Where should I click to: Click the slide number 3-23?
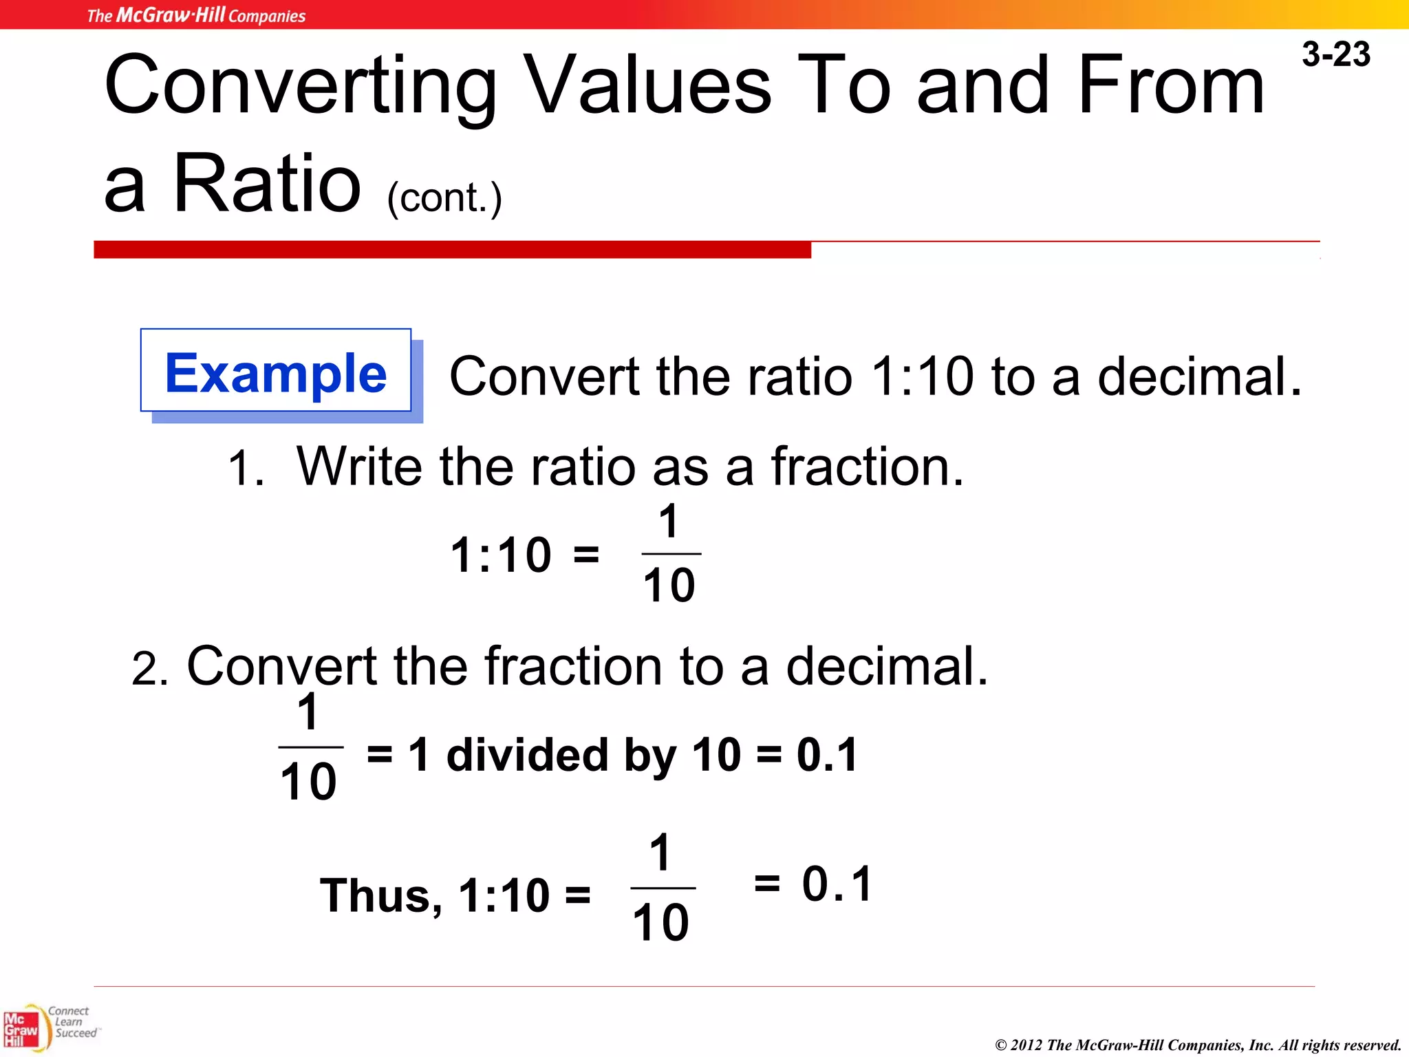1335,54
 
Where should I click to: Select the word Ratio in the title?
267,184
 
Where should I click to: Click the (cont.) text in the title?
444,198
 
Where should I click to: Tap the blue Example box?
276,372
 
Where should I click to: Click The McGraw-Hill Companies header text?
196,15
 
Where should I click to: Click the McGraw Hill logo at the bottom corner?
22,1029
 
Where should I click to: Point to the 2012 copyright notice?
1197,1045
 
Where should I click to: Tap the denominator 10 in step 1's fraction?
669,586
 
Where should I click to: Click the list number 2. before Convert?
149,669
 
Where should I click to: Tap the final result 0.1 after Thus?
837,884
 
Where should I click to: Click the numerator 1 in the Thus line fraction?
660,853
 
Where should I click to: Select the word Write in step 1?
359,467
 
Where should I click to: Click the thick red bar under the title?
452,249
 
